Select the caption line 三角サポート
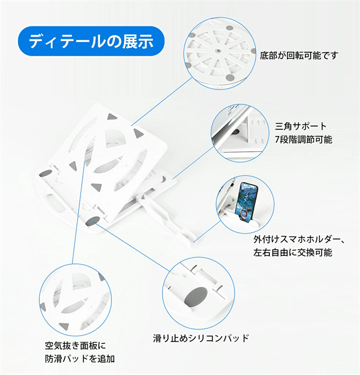point(301,126)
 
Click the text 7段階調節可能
point(304,139)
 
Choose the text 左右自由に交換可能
point(292,252)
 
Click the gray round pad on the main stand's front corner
point(94,218)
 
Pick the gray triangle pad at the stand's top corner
point(111,117)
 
